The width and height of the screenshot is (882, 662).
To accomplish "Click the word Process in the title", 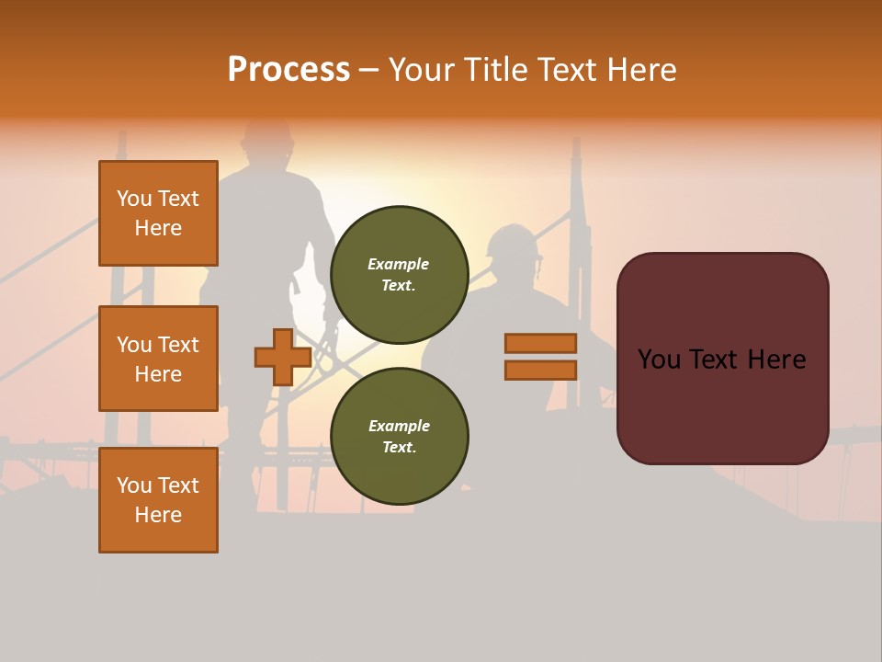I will tap(288, 70).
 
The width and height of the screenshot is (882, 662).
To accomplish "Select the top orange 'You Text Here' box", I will tap(158, 213).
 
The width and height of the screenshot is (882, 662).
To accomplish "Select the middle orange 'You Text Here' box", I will tap(158, 359).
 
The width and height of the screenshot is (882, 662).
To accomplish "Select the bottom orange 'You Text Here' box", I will tap(158, 499).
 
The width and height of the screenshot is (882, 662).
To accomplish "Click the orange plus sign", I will tap(283, 357).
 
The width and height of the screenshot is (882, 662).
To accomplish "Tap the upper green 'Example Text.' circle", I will tap(399, 275).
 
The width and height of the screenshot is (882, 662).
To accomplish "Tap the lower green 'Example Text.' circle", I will tap(399, 437).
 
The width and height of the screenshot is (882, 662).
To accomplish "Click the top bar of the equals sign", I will tap(540, 343).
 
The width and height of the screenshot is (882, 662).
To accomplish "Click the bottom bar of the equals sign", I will tap(540, 371).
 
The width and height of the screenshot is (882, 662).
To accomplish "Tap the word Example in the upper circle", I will tap(399, 264).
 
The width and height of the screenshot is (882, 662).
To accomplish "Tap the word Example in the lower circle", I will tap(399, 426).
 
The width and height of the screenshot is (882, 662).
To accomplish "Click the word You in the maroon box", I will tap(660, 360).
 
